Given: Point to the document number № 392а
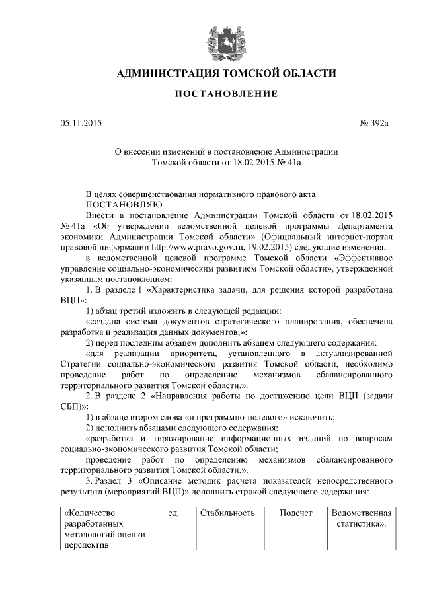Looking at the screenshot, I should point(375,123).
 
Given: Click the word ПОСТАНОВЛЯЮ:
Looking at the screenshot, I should point(121,205).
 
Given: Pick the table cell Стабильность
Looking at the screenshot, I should point(227,513).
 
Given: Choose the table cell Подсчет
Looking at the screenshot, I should point(295,513).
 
